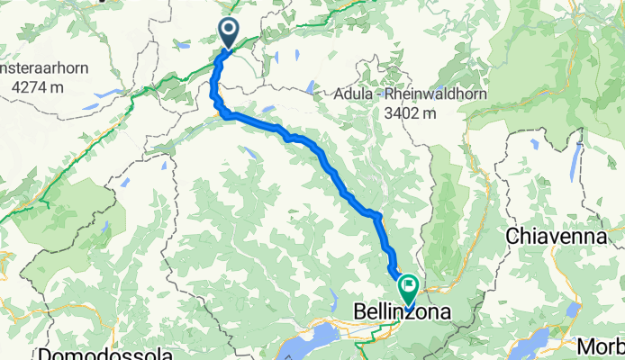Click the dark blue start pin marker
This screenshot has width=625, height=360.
point(229,34)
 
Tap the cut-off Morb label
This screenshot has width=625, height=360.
point(601,346)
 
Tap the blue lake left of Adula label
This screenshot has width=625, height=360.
point(311,87)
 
